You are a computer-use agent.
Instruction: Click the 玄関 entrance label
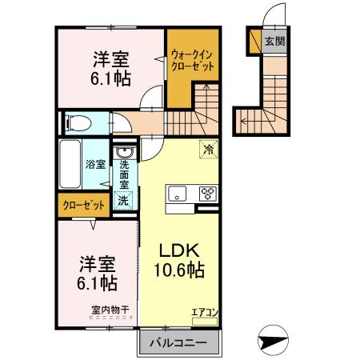[274, 42]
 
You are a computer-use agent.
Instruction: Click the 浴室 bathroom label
[96, 164]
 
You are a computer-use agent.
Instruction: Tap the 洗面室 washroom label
[125, 174]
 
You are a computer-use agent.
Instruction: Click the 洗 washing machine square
[124, 201]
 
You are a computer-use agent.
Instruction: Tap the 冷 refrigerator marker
[208, 149]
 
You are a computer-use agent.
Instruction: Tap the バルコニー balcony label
[178, 343]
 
